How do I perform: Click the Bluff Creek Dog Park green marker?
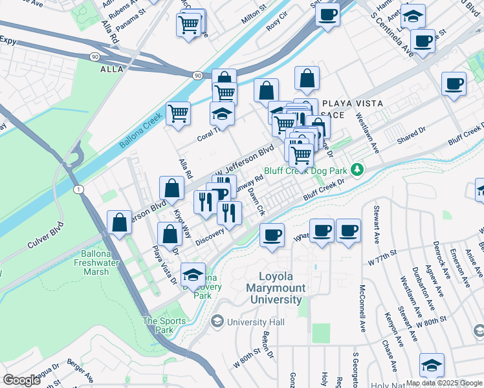click(356, 170)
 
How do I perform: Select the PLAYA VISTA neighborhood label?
click(352, 103)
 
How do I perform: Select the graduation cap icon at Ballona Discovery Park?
click(193, 275)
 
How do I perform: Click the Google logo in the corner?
click(22, 380)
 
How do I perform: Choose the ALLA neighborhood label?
click(112, 70)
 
